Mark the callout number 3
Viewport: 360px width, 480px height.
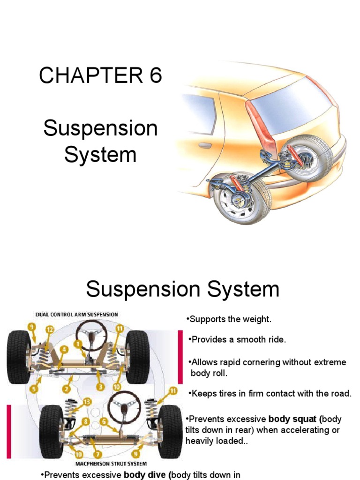click(x=100, y=386)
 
